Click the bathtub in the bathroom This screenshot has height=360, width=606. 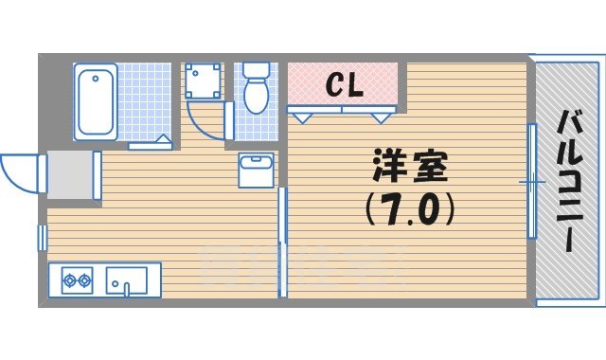click(x=97, y=101)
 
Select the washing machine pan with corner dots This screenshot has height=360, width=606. click(x=202, y=81)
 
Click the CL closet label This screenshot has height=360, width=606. click(x=345, y=85)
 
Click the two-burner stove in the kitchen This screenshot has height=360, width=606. click(x=77, y=279)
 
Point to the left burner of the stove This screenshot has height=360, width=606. click(x=69, y=279)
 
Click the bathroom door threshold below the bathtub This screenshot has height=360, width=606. click(x=150, y=145)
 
